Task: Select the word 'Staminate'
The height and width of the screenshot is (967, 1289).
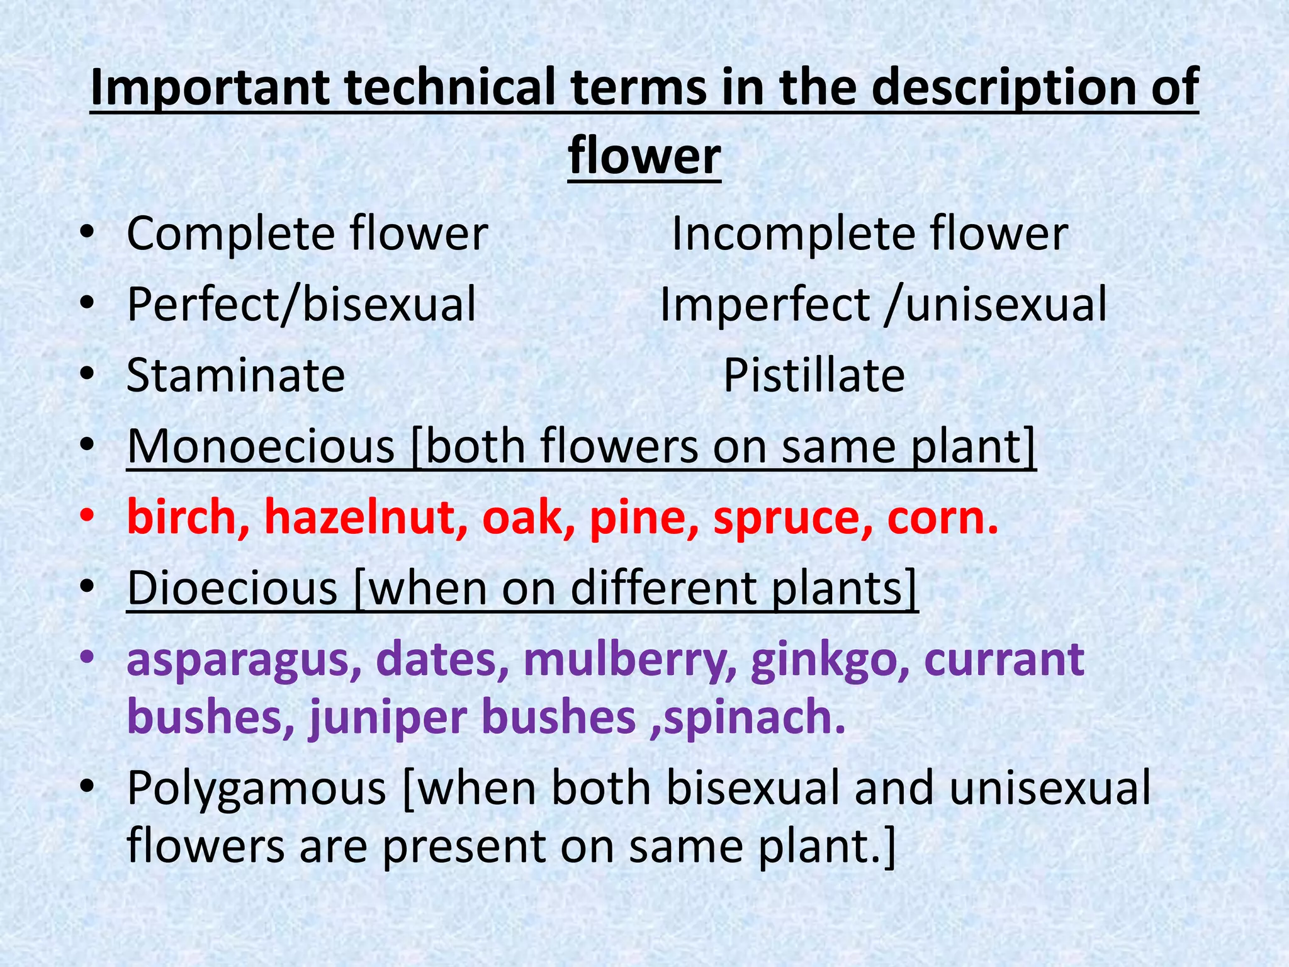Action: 236,376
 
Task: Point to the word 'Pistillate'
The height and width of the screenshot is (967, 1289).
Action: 814,376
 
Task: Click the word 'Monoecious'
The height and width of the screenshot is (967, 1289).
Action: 261,447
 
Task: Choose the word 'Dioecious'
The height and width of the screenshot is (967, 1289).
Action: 232,589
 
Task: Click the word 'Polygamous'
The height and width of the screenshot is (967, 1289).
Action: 256,789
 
